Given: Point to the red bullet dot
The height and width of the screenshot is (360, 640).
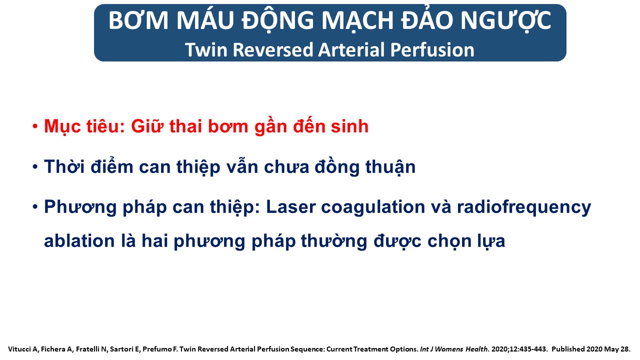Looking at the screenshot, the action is click(35, 126).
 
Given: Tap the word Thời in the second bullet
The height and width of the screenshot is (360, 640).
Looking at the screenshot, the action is click(64, 166).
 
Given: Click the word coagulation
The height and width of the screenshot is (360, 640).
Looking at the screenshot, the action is click(373, 207).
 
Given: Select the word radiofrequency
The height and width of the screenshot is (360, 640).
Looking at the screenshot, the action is click(524, 207).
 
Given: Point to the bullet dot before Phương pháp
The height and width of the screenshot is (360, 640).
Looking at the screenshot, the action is click(35, 206).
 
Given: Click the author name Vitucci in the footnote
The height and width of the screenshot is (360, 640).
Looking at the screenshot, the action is click(19, 349).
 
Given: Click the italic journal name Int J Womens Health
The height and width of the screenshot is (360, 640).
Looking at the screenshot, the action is click(453, 349).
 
